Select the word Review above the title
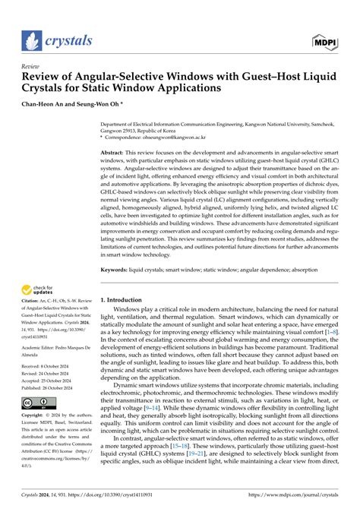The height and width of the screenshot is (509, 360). click(x=32, y=66)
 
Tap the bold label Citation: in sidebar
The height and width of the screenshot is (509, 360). click(x=32, y=322)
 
